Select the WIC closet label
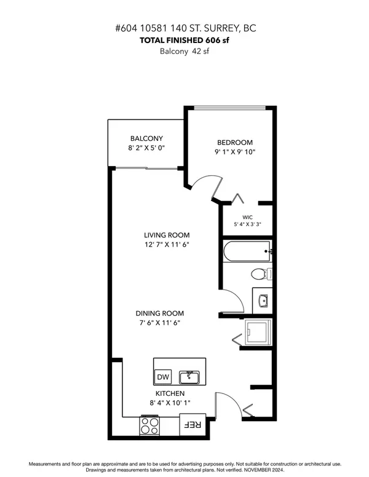point(248,218)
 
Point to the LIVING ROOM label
point(167,235)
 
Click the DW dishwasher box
point(163,377)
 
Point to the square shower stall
point(256,332)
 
